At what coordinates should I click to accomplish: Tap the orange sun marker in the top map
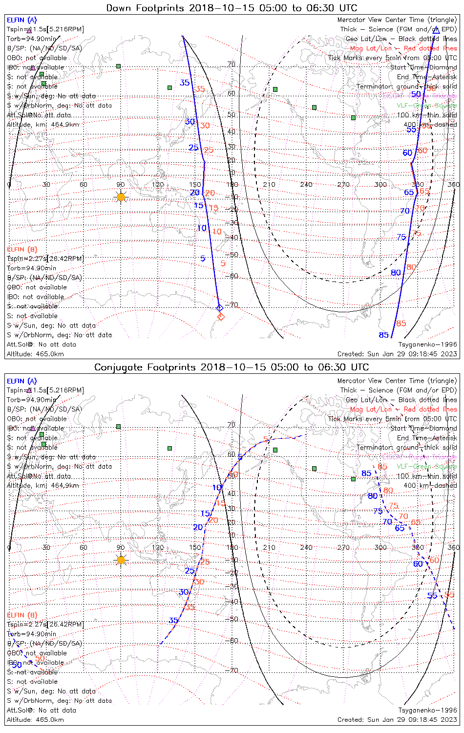click(121, 197)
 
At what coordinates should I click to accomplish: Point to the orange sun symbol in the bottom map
click(121, 560)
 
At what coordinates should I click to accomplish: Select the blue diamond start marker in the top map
click(219, 307)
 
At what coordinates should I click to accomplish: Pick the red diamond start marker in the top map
click(221, 317)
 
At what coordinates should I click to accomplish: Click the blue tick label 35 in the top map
click(185, 83)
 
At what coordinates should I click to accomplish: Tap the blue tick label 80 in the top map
click(396, 273)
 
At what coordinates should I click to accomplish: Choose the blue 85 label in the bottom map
click(366, 473)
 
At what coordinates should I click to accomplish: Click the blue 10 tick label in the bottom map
click(217, 488)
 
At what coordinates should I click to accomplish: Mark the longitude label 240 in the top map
click(306, 185)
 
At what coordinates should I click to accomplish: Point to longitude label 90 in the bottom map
click(121, 547)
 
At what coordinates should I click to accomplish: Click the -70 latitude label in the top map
click(233, 305)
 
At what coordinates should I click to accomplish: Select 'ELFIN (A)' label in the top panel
click(21, 20)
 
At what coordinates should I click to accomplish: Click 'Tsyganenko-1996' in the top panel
click(427, 345)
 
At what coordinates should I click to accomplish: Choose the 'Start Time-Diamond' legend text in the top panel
click(423, 67)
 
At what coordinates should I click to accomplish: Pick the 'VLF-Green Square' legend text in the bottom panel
click(426, 467)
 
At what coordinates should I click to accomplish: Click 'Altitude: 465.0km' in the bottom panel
click(35, 720)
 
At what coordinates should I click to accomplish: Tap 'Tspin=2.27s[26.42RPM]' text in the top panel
click(45, 259)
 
